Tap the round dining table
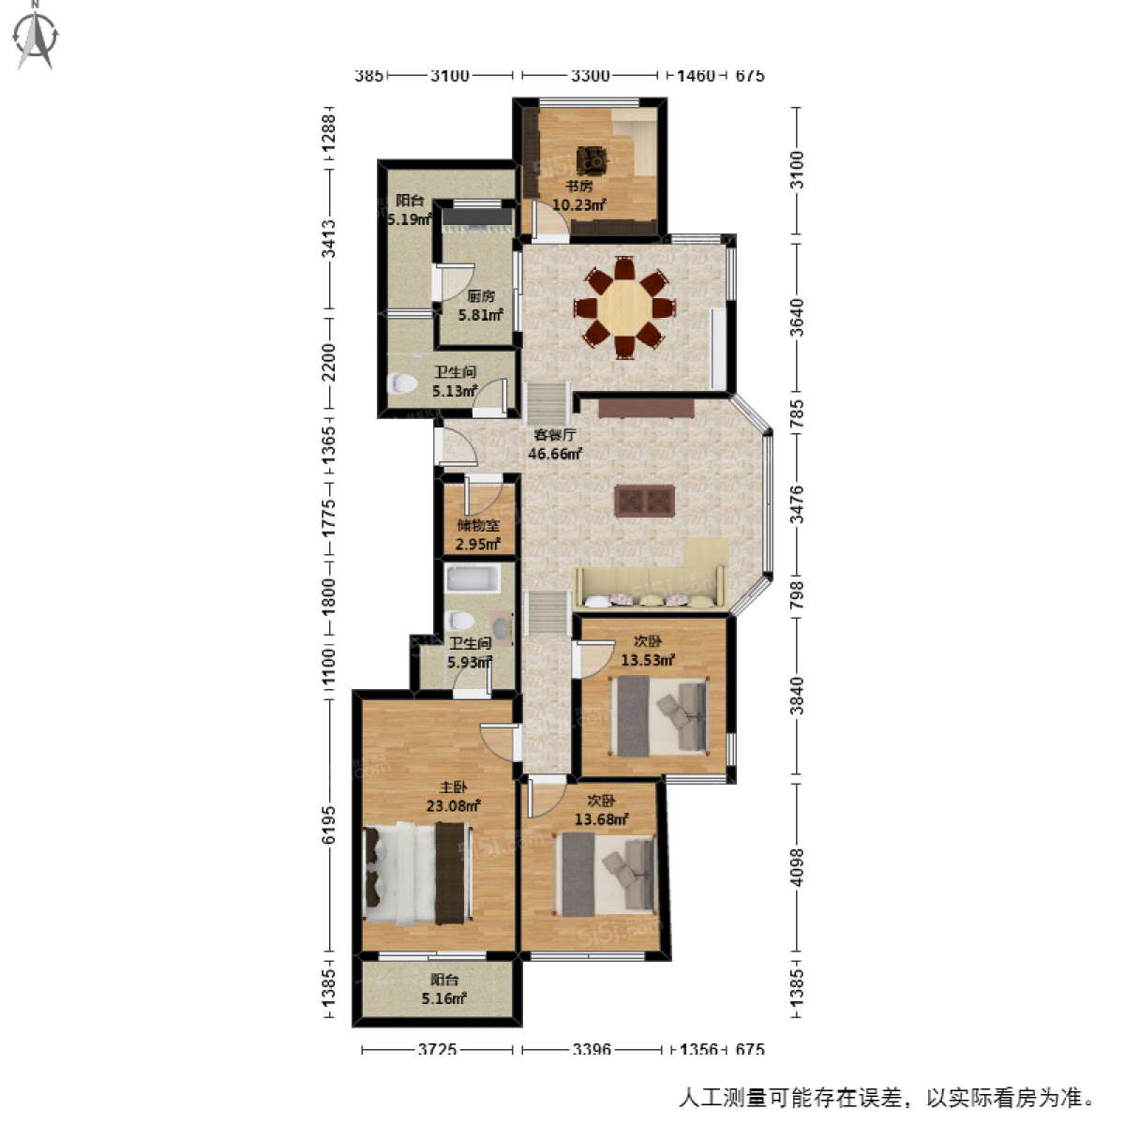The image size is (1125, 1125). click(623, 306)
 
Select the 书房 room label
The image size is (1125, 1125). click(578, 186)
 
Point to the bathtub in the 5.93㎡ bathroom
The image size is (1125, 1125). click(472, 577)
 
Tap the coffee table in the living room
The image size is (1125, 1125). click(645, 502)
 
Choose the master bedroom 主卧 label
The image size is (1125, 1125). click(454, 787)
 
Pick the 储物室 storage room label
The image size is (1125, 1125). click(478, 526)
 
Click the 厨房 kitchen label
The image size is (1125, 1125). click(481, 296)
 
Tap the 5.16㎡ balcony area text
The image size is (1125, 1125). click(443, 999)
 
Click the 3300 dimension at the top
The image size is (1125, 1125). click(590, 76)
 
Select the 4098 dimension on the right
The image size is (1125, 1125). click(797, 867)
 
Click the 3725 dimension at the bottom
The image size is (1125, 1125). click(437, 1050)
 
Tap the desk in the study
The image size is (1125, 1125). click(592, 159)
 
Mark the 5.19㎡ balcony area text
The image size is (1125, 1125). click(410, 219)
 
